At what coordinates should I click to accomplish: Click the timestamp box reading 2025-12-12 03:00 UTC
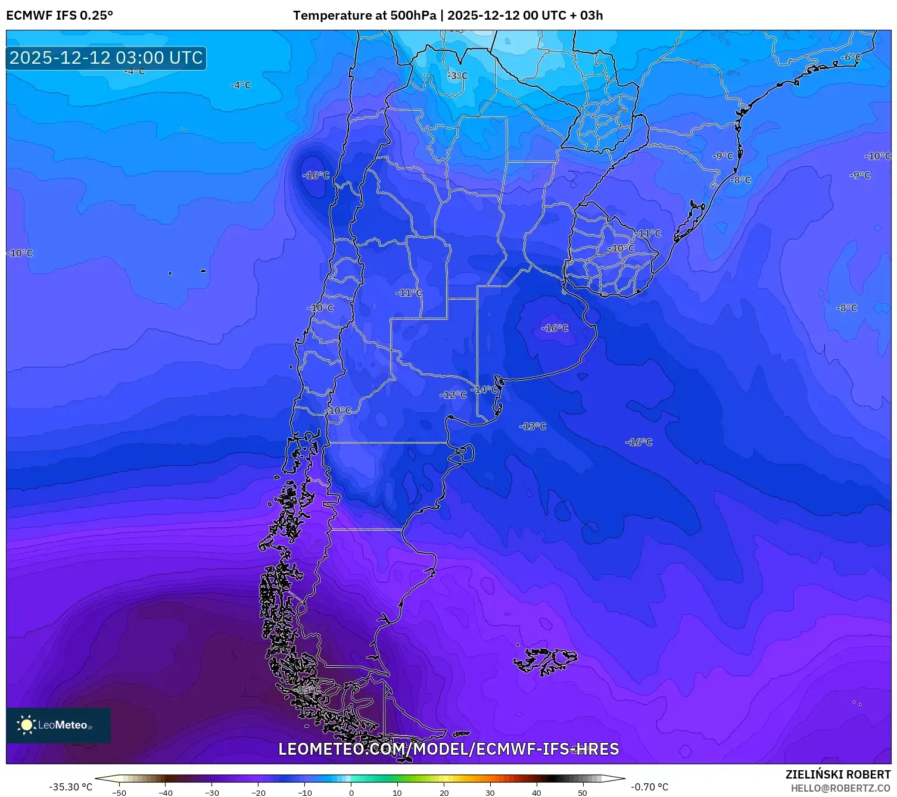pos(106,58)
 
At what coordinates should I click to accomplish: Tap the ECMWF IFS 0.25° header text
pos(59,15)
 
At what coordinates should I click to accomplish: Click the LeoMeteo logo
pos(58,725)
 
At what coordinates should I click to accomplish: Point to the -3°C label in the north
pos(457,76)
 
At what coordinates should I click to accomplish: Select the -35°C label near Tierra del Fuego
pos(307,690)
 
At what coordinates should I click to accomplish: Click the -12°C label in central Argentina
pos(453,395)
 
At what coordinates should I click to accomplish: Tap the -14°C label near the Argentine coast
pos(484,390)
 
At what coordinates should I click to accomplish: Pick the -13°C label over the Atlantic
pos(532,426)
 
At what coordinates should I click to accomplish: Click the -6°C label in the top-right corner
pos(851,57)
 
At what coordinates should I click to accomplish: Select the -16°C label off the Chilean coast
pos(316,175)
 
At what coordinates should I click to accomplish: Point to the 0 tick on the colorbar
pos(351,792)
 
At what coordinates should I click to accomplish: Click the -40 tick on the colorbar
pos(166,792)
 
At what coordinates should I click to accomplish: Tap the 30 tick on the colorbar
pos(490,792)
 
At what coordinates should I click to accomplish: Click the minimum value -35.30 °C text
pos(70,787)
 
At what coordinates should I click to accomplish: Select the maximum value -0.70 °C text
pos(650,787)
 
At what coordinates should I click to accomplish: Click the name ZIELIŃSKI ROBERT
pos(837,774)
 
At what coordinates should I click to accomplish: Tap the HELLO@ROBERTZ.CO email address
pos(840,788)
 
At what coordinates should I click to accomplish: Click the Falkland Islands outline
pos(545,660)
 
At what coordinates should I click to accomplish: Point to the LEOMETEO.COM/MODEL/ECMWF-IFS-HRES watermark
pos(448,749)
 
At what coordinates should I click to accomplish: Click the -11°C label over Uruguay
pos(649,234)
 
